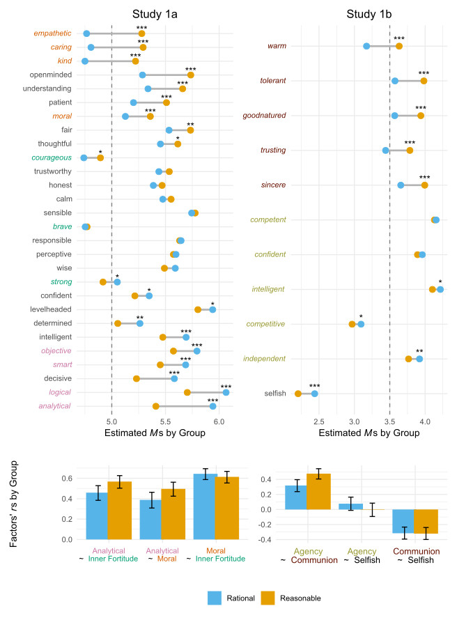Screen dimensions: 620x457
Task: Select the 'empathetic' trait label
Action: (x=52, y=33)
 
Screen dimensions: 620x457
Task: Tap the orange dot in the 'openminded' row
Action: (x=190, y=75)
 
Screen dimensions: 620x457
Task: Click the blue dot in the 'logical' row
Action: (x=226, y=392)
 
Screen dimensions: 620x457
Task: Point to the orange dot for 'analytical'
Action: (x=156, y=405)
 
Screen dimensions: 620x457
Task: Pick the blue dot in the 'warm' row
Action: (x=366, y=46)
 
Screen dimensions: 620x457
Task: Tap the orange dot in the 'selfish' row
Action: (x=298, y=394)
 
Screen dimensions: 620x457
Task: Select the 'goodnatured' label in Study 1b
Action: (x=265, y=116)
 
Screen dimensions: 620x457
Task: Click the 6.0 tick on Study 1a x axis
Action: (x=218, y=421)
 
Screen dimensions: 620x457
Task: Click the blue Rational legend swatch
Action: (x=216, y=597)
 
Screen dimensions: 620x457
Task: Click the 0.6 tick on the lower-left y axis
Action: (x=68, y=479)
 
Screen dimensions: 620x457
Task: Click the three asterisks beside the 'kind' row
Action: (x=135, y=55)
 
